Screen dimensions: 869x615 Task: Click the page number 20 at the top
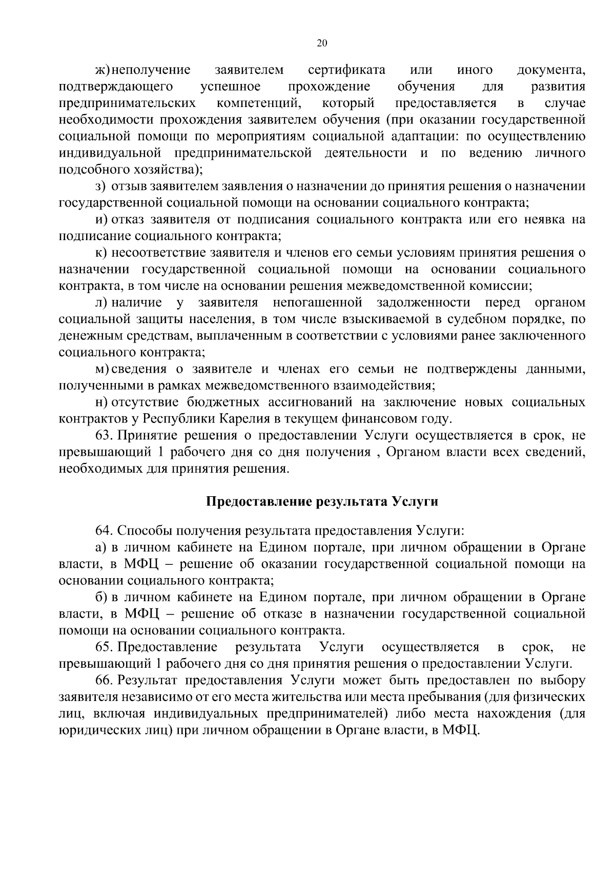322,43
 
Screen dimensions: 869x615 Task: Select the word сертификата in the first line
347,70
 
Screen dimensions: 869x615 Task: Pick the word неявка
546,220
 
